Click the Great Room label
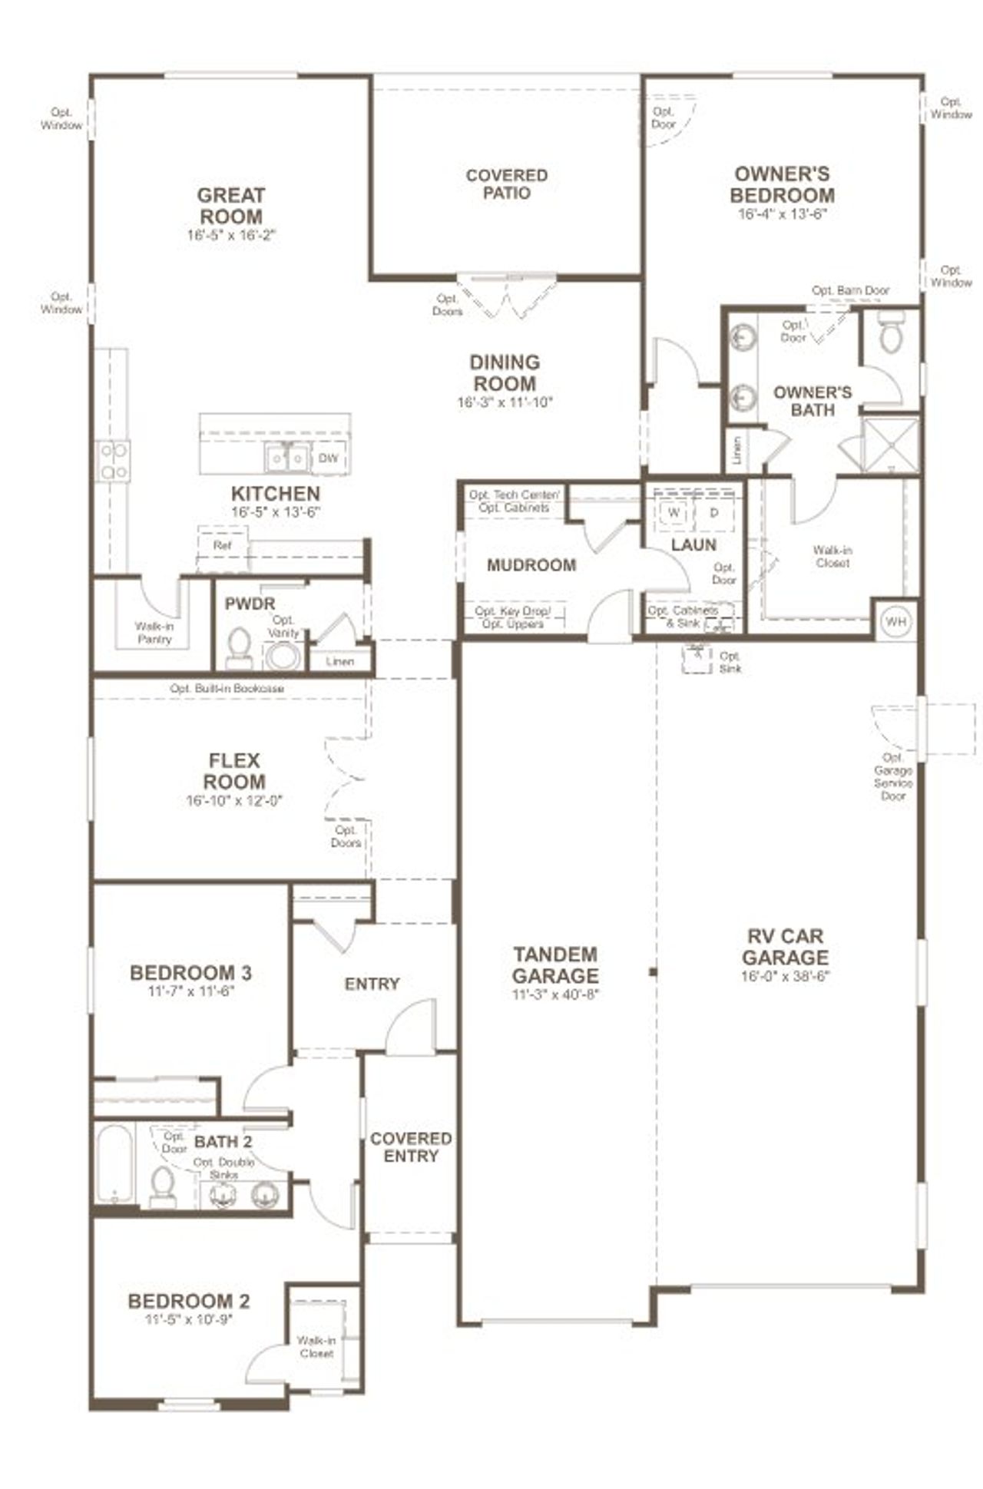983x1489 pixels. pos(230,206)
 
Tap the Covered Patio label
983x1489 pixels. pos(506,184)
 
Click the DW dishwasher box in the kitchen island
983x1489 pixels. pos(328,459)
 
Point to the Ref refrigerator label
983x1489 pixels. pos(222,545)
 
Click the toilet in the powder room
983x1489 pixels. pos(240,647)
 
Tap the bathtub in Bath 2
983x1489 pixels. pos(114,1164)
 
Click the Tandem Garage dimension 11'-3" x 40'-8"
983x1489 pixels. pos(555,994)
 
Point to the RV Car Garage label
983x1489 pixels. pos(785,947)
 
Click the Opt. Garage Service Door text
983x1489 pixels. pos(892,776)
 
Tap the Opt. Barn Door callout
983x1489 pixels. pos(850,290)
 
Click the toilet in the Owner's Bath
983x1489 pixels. pos(891,334)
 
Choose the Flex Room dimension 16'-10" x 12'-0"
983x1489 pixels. pos(234,801)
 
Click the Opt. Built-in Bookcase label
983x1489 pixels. pos(227,689)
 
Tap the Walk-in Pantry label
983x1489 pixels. pos(154,633)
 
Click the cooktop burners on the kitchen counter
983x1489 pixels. pos(113,462)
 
